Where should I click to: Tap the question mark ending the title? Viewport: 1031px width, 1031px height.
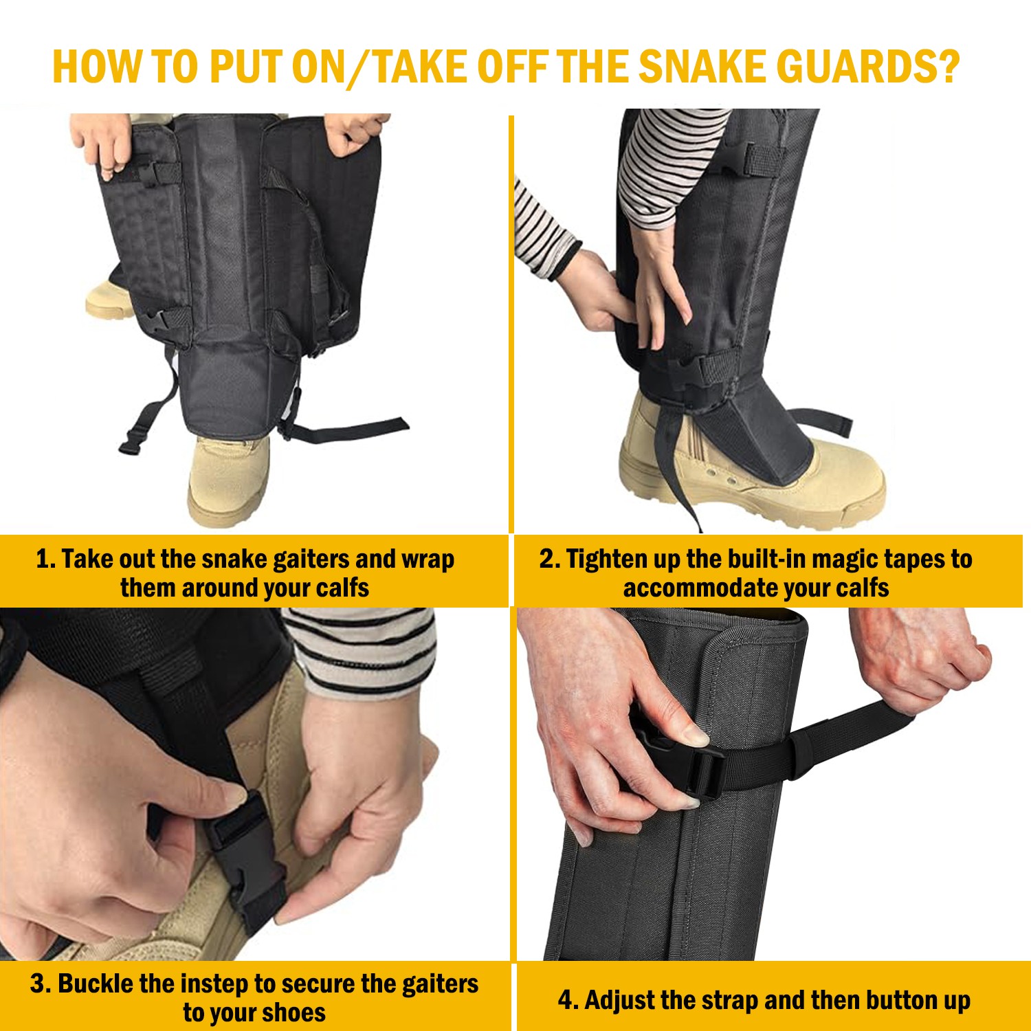coord(948,67)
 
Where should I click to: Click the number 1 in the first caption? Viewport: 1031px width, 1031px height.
coord(43,559)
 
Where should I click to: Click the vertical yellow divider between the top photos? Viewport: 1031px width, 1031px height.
coord(511,323)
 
